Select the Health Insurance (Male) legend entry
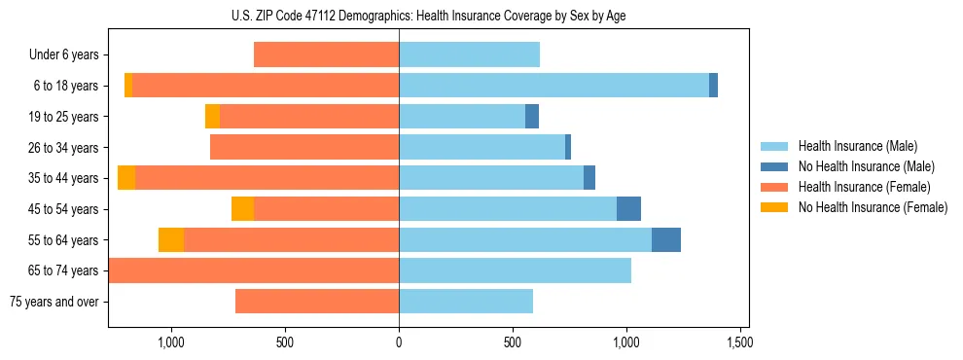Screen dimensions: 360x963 [x=857, y=146]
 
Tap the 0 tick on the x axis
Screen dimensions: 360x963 [x=399, y=342]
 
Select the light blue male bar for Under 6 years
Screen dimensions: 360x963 [x=469, y=55]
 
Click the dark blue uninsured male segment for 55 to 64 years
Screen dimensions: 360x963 [x=666, y=239]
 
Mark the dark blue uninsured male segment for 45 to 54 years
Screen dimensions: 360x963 [x=628, y=209]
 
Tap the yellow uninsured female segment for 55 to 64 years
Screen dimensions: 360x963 [x=171, y=239]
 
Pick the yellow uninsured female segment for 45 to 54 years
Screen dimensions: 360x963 [x=242, y=209]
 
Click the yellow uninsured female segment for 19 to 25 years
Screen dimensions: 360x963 [x=212, y=117]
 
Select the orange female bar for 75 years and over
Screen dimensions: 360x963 [x=317, y=302]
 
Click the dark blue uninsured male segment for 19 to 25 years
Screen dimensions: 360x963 [x=532, y=117]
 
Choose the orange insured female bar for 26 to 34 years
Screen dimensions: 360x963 [x=304, y=147]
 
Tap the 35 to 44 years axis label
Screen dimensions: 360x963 [x=64, y=178]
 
